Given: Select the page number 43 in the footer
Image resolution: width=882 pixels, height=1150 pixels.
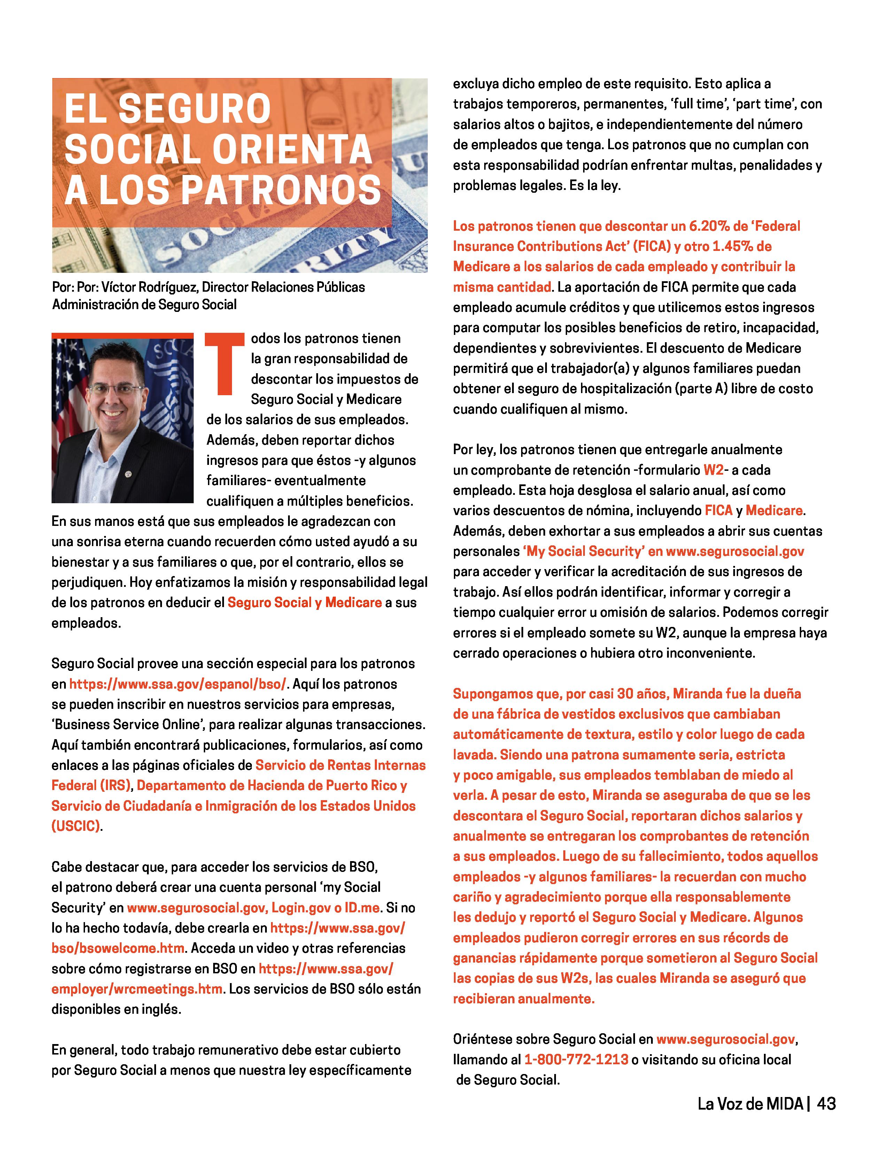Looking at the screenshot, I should pyautogui.click(x=826, y=1104).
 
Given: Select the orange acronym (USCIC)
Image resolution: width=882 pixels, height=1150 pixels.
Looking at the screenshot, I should pyautogui.click(x=76, y=826).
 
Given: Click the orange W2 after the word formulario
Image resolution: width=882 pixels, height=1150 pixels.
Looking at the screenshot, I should pyautogui.click(x=713, y=469).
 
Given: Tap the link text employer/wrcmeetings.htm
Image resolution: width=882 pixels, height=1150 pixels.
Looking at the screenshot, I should pyautogui.click(x=137, y=989).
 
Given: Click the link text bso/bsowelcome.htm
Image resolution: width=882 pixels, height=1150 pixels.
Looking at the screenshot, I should pyautogui.click(x=118, y=948).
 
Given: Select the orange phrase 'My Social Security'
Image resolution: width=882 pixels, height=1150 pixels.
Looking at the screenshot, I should pyautogui.click(x=583, y=551).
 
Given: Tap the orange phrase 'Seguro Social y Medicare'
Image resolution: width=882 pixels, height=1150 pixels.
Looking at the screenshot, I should pyautogui.click(x=304, y=602).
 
